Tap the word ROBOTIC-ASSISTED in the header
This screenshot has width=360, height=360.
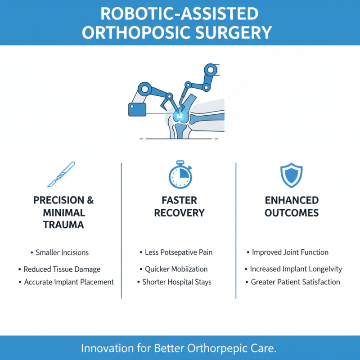[x=180, y=13]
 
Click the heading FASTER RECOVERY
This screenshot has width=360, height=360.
[x=180, y=206]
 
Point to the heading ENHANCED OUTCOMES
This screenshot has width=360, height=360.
[x=291, y=206]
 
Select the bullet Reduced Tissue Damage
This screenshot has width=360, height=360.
[x=62, y=269]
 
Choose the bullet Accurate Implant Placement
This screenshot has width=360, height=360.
[x=68, y=282]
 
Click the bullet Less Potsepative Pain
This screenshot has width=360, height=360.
[x=178, y=252]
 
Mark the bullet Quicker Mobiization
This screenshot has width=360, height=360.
[x=176, y=269]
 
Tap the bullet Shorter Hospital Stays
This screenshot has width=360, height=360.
[x=177, y=282]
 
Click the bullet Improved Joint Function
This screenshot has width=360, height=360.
[x=290, y=252]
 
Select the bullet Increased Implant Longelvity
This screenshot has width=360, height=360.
[x=296, y=269]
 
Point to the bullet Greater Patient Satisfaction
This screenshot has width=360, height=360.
[x=295, y=282]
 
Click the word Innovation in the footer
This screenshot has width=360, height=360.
[x=107, y=348]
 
